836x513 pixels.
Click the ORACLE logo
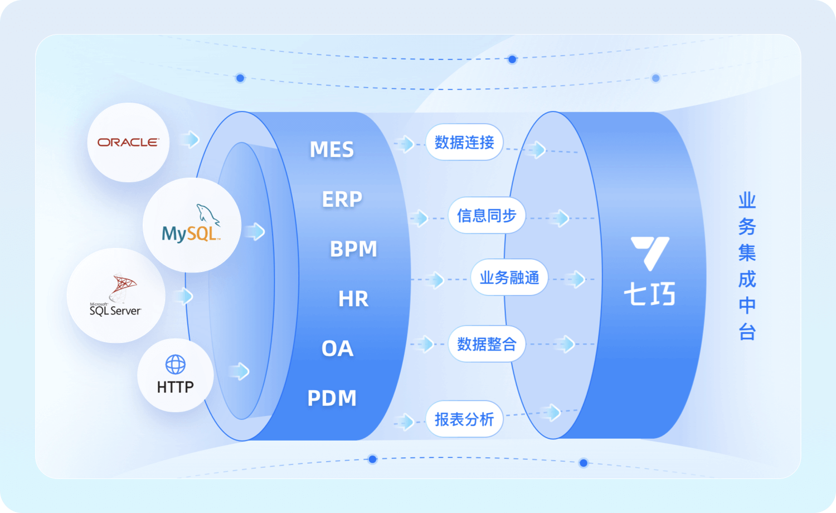[128, 142]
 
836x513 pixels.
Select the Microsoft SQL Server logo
[116, 296]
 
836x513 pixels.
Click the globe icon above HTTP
[176, 365]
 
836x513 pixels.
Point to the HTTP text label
[176, 387]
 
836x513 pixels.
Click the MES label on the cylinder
[332, 149]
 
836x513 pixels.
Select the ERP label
[342, 199]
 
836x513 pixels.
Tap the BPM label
[353, 249]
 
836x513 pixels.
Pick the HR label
[353, 299]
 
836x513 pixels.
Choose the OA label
[338, 349]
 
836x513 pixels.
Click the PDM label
[332, 398]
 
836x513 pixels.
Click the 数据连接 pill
[464, 142]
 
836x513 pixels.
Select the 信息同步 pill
[487, 215]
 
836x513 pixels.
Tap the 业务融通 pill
[509, 277]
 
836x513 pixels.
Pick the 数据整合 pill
[487, 344]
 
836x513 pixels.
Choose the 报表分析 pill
[464, 419]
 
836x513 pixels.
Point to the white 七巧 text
[649, 294]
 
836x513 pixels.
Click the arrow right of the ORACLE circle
[191, 139]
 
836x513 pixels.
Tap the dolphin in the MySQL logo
[207, 215]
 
